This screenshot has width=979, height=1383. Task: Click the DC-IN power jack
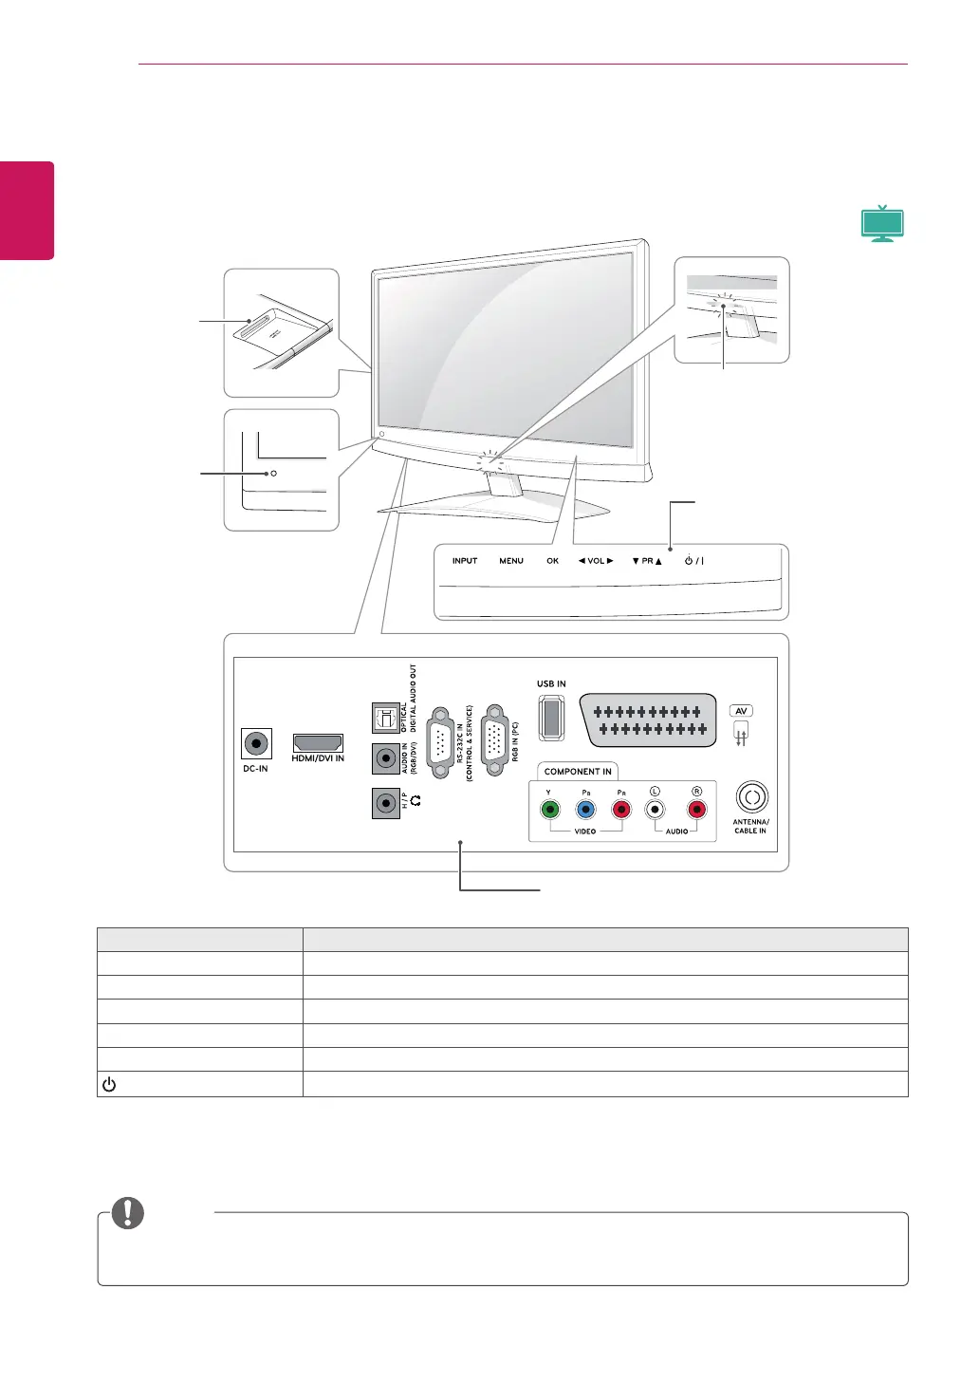[x=256, y=743]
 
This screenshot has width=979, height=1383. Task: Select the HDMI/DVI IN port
[x=318, y=742]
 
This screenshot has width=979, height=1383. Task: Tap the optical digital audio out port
[x=385, y=718]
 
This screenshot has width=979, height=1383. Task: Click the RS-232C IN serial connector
[x=441, y=742]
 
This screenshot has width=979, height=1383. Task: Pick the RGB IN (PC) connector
[x=494, y=741]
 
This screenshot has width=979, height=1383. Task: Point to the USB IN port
[x=551, y=718]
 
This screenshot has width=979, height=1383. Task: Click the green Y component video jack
[x=549, y=810]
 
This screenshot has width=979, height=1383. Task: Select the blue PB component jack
[x=586, y=810]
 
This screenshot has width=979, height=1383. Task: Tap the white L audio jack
[x=655, y=810]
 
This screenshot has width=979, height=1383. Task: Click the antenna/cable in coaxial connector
[x=751, y=797]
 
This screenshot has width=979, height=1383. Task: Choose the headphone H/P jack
[x=385, y=803]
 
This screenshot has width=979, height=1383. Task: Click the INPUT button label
[x=465, y=561]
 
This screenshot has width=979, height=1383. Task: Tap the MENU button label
[x=511, y=561]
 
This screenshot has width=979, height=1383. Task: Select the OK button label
[x=553, y=561]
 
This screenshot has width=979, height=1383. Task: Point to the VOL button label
[x=596, y=561]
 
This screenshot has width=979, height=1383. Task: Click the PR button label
[x=647, y=561]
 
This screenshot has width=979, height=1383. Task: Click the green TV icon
[x=882, y=224]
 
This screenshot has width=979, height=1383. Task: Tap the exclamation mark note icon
[x=128, y=1213]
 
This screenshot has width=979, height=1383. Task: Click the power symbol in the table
[x=109, y=1085]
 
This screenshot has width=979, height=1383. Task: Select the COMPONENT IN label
[x=578, y=772]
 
